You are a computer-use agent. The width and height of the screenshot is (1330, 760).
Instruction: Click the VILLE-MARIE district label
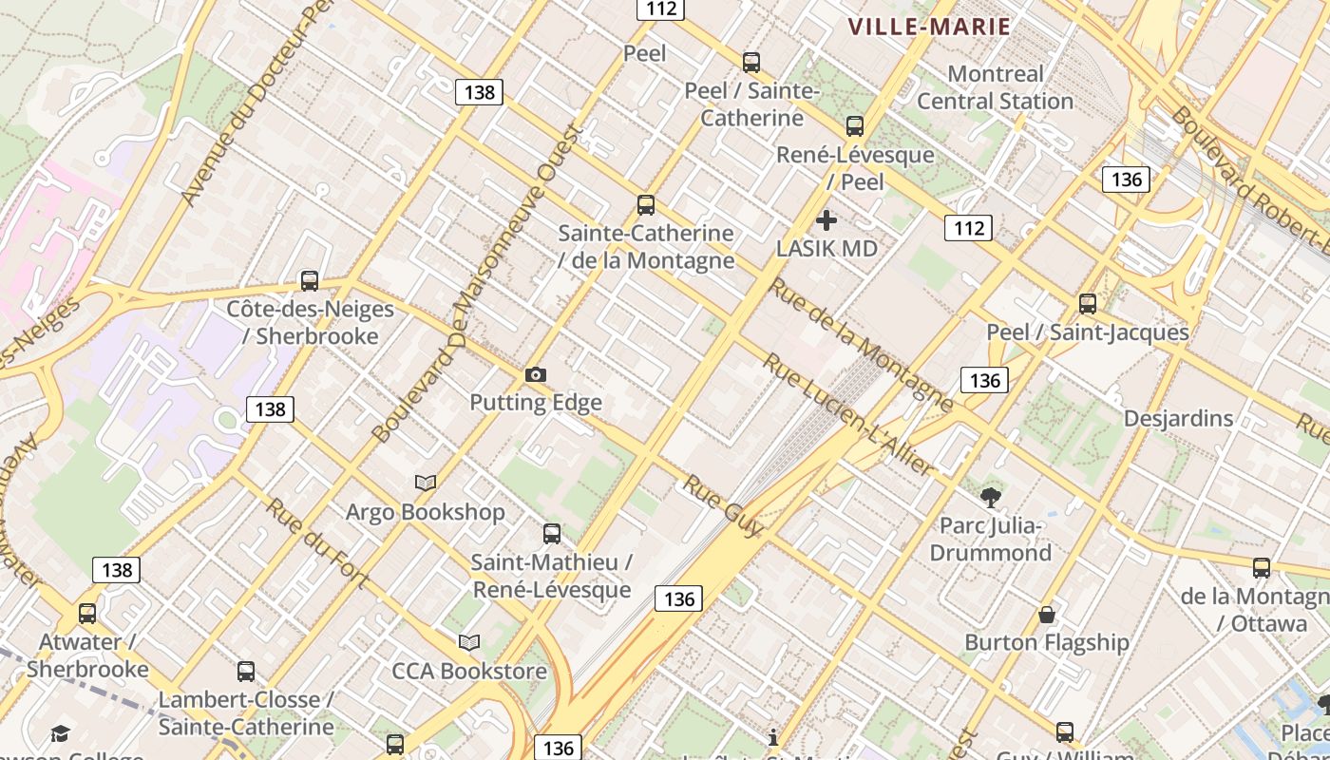pyautogui.click(x=928, y=28)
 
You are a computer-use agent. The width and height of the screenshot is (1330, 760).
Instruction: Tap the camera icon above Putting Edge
pyautogui.click(x=536, y=375)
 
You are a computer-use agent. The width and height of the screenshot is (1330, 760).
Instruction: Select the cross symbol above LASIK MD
pyautogui.click(x=826, y=220)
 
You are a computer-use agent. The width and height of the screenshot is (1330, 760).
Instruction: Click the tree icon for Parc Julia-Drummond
pyautogui.click(x=991, y=497)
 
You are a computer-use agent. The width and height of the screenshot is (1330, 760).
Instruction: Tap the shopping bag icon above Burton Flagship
pyautogui.click(x=1047, y=615)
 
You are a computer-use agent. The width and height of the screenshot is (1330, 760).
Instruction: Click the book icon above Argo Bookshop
pyautogui.click(x=426, y=484)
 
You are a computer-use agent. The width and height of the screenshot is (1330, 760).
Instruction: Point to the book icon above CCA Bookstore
pyautogui.click(x=469, y=643)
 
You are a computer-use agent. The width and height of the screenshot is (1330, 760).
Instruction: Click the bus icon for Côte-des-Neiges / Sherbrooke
pyautogui.click(x=309, y=281)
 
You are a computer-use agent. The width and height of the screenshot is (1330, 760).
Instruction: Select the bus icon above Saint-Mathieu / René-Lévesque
pyautogui.click(x=552, y=534)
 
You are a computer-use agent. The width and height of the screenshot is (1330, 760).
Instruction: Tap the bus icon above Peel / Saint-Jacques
pyautogui.click(x=1088, y=304)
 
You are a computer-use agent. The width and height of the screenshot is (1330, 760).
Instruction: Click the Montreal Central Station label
pyautogui.click(x=995, y=87)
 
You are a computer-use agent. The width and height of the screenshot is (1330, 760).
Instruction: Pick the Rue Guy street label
pyautogui.click(x=722, y=505)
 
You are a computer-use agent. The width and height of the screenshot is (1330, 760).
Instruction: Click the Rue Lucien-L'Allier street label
pyautogui.click(x=847, y=414)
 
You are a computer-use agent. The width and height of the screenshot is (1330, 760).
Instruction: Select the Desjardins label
pyautogui.click(x=1178, y=419)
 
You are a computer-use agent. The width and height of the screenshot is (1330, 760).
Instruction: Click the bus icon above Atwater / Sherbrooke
pyautogui.click(x=87, y=614)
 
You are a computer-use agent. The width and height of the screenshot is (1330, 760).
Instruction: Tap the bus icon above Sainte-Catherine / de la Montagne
pyautogui.click(x=646, y=205)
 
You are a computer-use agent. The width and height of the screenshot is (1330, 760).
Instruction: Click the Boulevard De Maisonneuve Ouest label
pyautogui.click(x=475, y=285)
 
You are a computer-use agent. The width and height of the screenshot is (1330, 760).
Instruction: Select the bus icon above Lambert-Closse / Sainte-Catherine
pyautogui.click(x=246, y=672)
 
